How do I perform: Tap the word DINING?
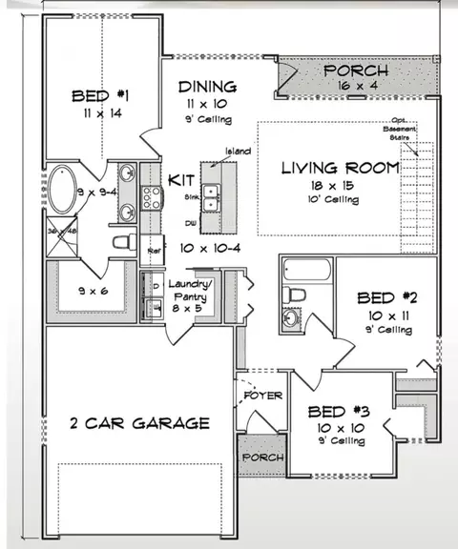(208, 87)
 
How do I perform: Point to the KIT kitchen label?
(181, 179)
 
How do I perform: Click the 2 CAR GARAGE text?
(139, 422)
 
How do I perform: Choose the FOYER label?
(261, 395)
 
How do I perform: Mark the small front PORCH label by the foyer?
(261, 457)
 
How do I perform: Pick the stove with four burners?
(151, 196)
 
